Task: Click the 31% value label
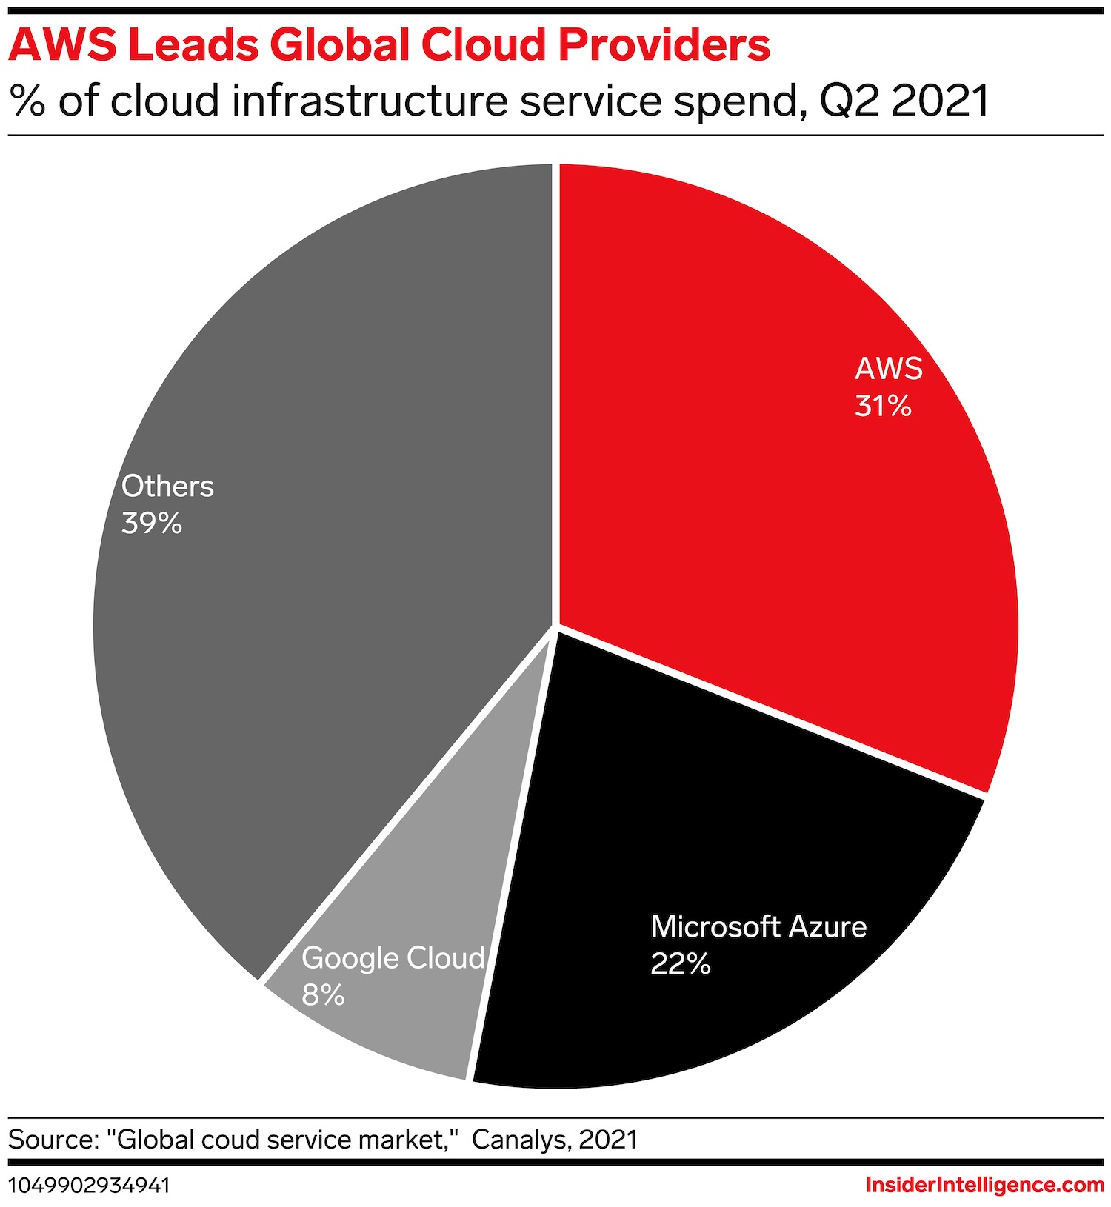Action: (x=883, y=406)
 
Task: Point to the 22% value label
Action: (x=680, y=964)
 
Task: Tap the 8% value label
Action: (x=323, y=995)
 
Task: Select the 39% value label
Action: (x=152, y=524)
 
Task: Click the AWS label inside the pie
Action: (x=889, y=368)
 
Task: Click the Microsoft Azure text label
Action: (x=758, y=926)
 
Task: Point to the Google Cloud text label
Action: (x=393, y=957)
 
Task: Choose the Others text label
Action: (x=167, y=486)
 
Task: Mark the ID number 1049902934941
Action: (x=89, y=1186)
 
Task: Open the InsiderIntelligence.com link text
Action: (x=984, y=1185)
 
